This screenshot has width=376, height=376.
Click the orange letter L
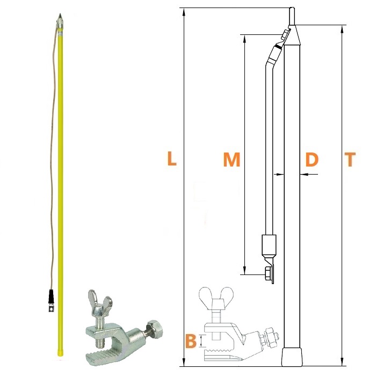pos(172,158)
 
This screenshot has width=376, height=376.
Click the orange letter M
pos(232,159)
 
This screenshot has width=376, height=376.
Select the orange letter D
pos(312,159)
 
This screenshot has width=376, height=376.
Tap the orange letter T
pos(350,159)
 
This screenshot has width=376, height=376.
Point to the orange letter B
pos(191,341)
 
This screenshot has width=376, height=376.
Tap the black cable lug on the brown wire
pos(51,300)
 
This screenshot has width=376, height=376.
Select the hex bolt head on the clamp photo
pos(155,328)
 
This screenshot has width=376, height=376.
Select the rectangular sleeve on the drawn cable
pos(269,245)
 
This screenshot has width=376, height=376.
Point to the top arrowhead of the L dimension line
pos(184,12)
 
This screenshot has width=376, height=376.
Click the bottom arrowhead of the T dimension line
pos(342,362)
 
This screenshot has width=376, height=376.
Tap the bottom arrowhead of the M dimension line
pos(244,270)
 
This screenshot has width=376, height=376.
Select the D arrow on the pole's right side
pos(309,174)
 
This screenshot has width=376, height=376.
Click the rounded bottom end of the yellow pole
pos(60,353)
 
